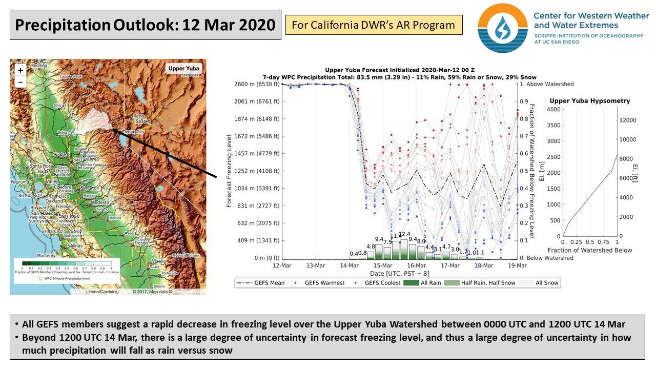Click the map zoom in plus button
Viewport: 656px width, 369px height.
click(20, 70)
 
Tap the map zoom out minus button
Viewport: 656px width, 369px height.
click(20, 81)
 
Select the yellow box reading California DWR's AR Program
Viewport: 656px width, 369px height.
click(374, 25)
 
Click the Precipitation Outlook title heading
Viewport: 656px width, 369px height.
click(146, 25)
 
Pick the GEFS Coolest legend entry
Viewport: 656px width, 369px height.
click(378, 283)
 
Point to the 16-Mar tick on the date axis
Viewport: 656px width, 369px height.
click(416, 265)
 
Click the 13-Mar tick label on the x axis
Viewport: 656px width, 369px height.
click(316, 265)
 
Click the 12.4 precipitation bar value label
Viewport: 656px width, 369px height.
click(404, 234)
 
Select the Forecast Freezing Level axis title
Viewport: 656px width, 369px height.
click(230, 171)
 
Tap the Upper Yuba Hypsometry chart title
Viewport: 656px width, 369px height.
click(589, 101)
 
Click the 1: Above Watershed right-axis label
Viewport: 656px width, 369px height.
click(547, 84)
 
